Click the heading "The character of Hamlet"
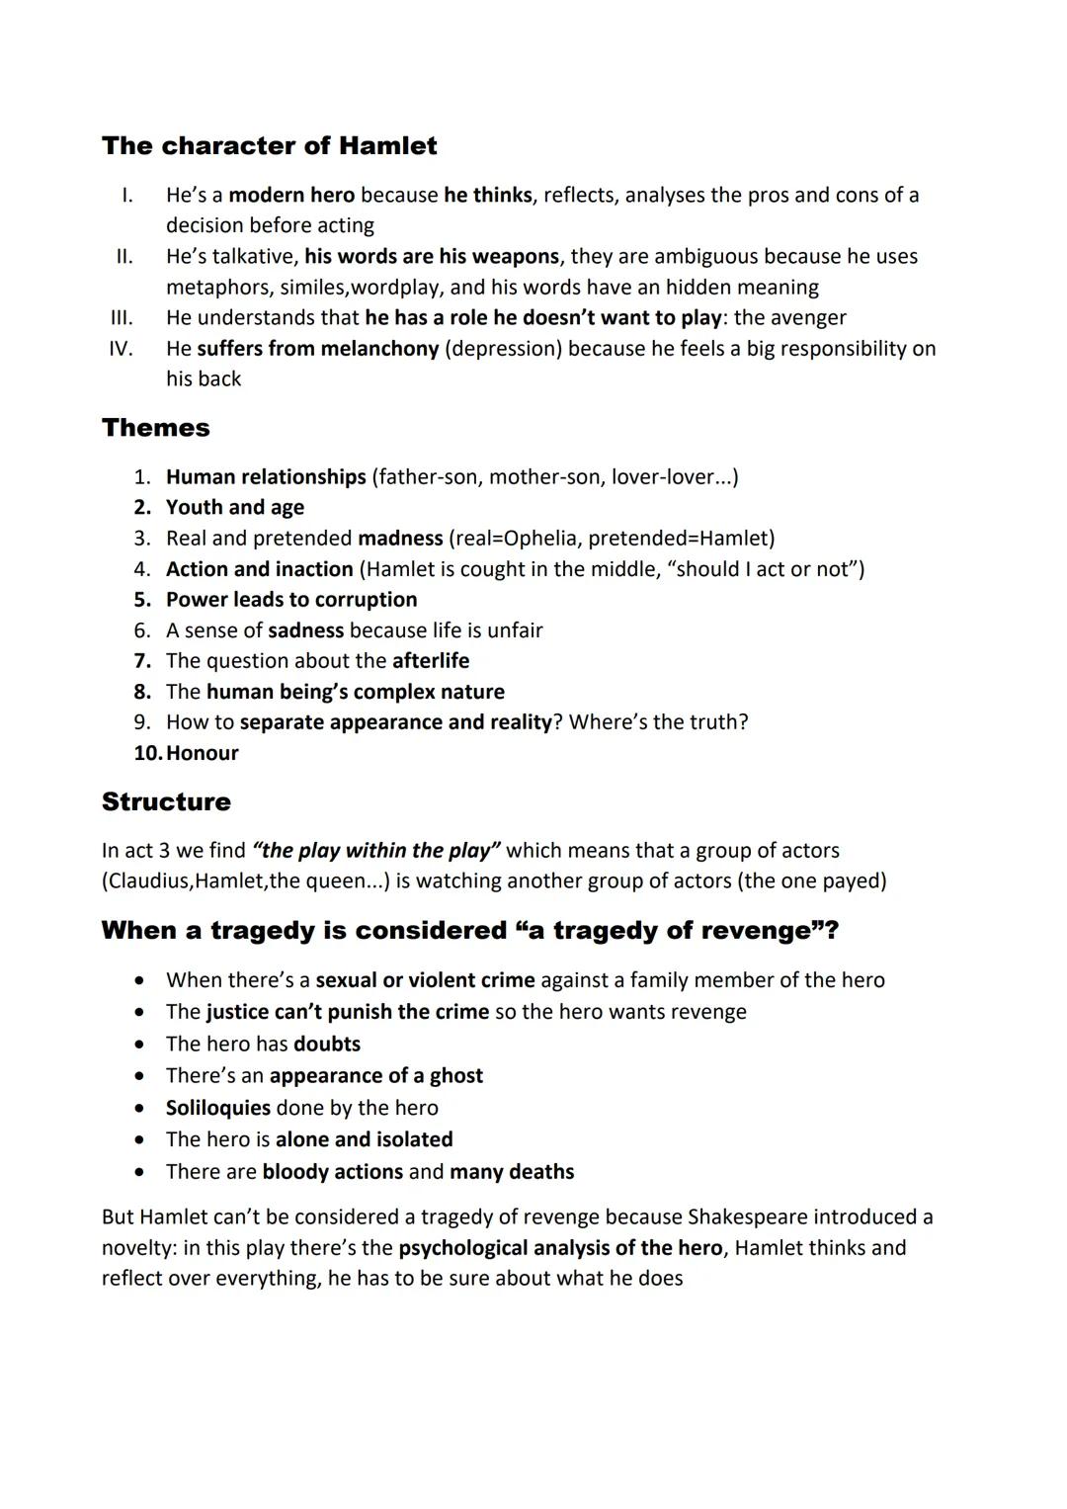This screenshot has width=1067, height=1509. [269, 146]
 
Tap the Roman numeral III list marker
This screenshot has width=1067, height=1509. [122, 318]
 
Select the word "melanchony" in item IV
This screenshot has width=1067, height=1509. [381, 349]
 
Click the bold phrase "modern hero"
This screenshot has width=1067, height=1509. [291, 196]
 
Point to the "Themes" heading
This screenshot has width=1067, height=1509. [156, 428]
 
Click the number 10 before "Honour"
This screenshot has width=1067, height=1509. [146, 753]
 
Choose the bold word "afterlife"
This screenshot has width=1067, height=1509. [431, 661]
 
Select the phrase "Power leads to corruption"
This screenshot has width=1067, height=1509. [291, 600]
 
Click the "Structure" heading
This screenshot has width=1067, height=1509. [166, 801]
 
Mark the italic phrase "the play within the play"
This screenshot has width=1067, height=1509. [376, 851]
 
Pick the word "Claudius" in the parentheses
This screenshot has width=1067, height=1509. [148, 880]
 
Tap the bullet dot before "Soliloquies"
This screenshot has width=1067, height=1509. [143, 1108]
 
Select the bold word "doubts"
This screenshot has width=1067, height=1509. [327, 1045]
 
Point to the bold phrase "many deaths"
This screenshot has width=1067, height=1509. [512, 1172]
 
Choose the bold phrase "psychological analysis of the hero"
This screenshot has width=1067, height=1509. [560, 1248]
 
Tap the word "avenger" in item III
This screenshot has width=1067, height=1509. [808, 318]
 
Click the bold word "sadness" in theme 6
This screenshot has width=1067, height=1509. [306, 630]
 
